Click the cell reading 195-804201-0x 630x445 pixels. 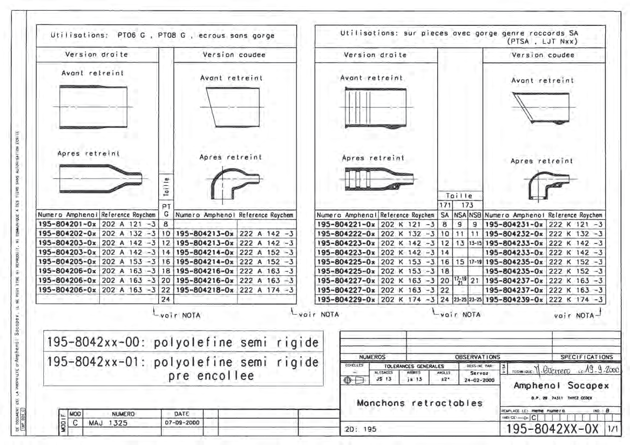coord(68,223)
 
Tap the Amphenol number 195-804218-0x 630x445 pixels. coord(206,290)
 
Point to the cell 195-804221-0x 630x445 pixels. coord(347,223)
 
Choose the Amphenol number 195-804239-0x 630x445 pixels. coord(514,299)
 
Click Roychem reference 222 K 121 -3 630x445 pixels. coord(576,223)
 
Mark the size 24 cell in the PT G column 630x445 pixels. coord(166,299)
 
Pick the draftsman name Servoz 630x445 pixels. coord(479,373)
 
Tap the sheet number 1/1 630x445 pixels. coord(613,429)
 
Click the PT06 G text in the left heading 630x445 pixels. coord(133,36)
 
